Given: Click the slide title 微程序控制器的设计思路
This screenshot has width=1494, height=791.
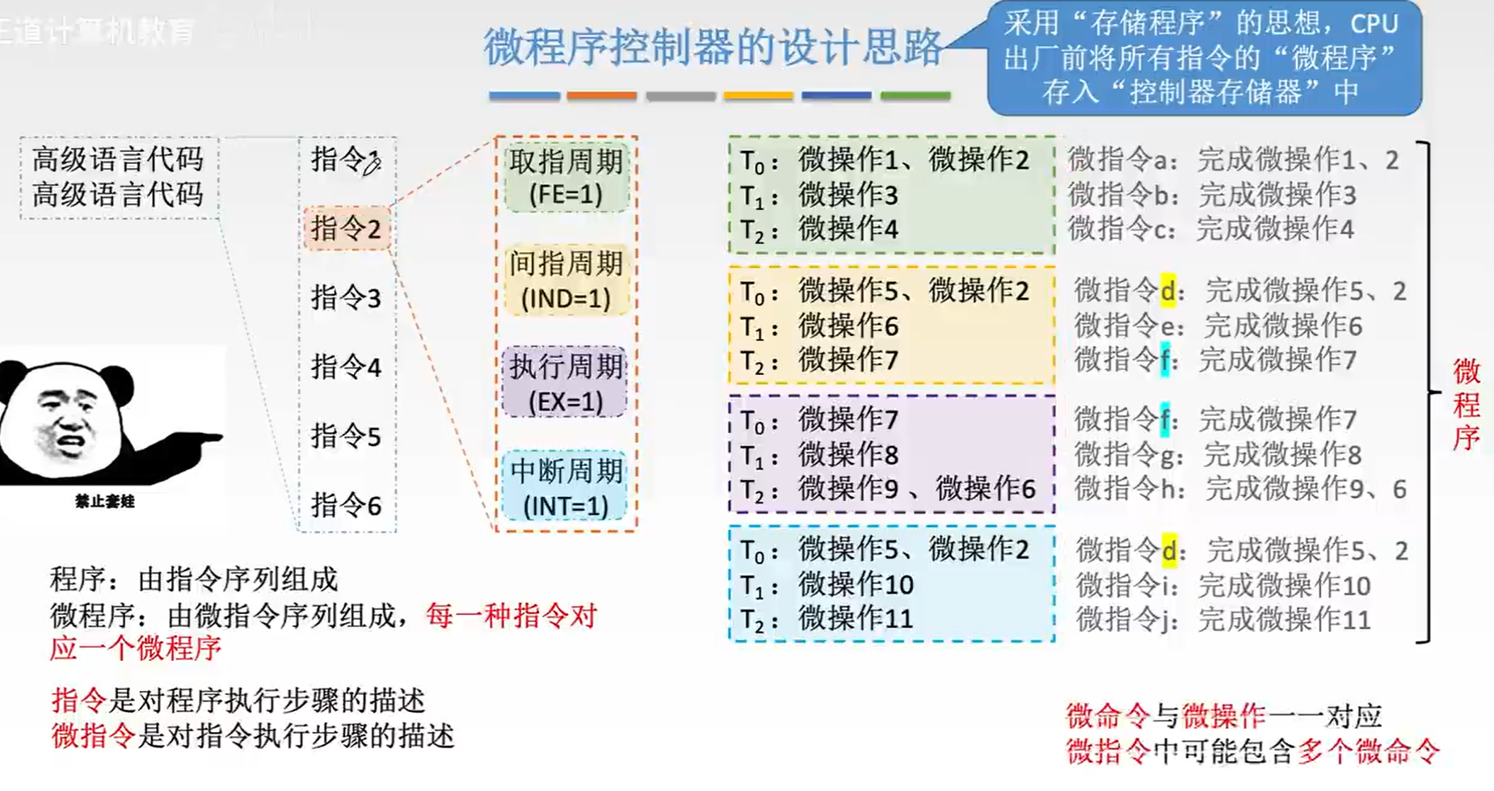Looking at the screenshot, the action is (713, 47).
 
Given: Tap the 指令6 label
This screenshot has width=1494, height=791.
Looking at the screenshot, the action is (346, 505).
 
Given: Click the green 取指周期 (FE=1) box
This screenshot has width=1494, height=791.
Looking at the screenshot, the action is (566, 178).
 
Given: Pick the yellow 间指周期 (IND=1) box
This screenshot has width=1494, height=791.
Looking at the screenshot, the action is (566, 280).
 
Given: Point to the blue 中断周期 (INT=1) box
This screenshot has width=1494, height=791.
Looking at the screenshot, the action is (565, 486).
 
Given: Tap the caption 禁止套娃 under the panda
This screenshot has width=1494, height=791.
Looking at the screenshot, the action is (105, 502).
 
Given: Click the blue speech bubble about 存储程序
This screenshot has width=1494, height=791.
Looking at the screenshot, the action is (1204, 58).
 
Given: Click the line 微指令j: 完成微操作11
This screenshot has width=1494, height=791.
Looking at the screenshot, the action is (1223, 620).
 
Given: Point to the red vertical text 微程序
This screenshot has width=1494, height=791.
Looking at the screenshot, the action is (1467, 405).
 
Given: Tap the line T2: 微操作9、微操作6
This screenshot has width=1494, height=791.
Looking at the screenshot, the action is (887, 489).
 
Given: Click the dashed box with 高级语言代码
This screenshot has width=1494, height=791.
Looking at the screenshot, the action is (119, 178).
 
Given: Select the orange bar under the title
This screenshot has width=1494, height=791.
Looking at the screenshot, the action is (602, 96).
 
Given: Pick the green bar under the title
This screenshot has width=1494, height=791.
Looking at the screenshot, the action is (915, 96).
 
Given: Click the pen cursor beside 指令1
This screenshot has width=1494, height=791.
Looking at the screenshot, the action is (372, 165).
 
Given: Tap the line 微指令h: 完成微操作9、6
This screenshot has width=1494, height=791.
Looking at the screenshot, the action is (1240, 489).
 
